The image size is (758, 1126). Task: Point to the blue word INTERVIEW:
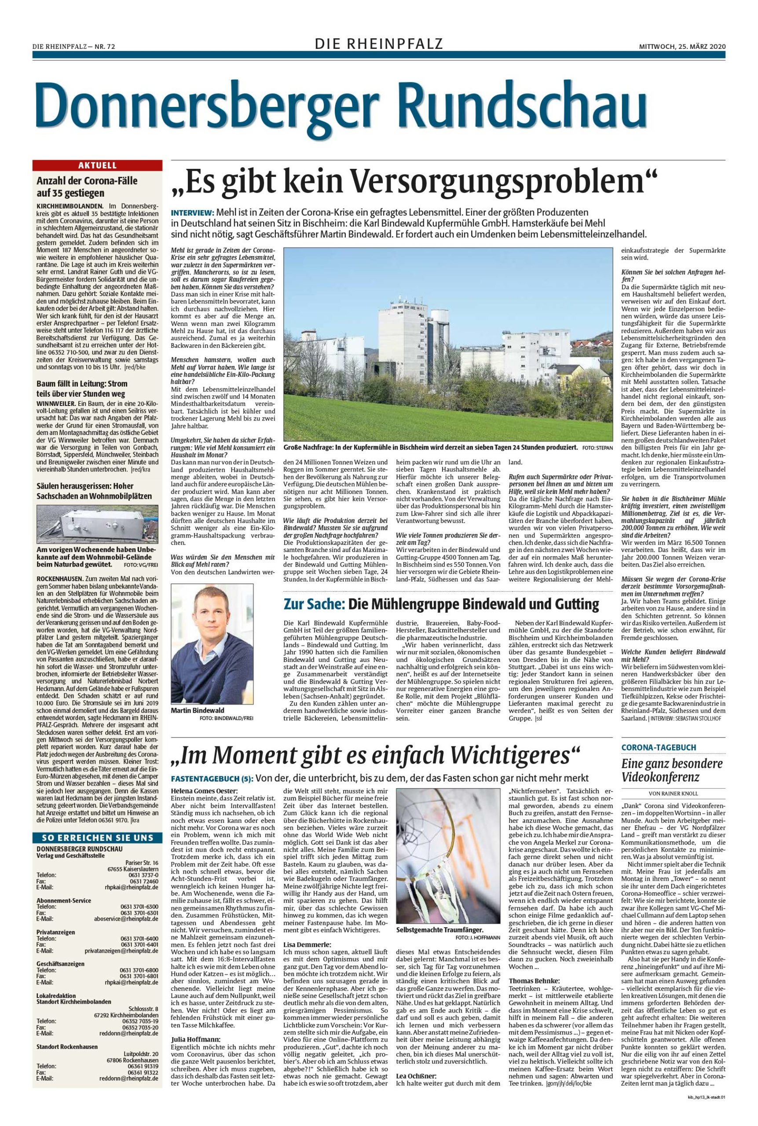[192, 212]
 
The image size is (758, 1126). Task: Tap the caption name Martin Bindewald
[198, 711]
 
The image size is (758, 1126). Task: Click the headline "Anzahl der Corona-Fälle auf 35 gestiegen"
[88, 187]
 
